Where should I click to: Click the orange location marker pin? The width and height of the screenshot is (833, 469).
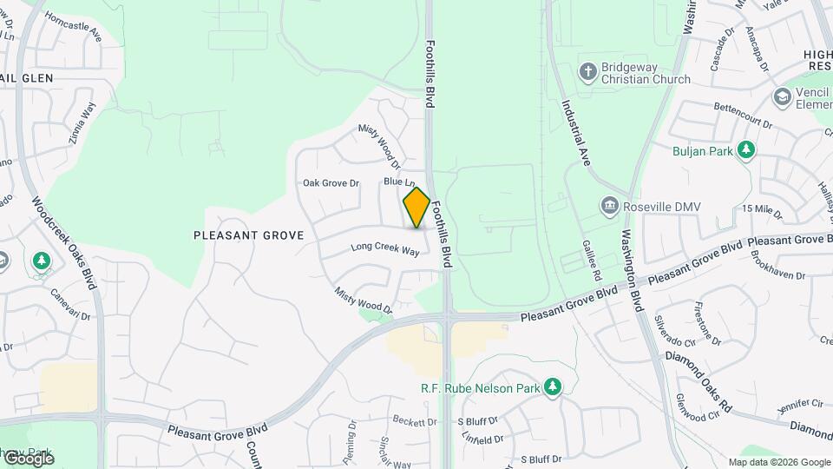pos(416,208)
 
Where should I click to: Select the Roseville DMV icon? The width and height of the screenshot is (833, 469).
pos(609,206)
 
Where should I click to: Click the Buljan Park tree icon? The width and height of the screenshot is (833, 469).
pos(745,150)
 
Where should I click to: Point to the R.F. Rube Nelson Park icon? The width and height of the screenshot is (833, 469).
pos(553,387)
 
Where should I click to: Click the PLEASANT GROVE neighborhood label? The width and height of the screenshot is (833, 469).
pos(248,235)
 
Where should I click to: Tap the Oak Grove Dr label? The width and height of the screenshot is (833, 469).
pos(331,183)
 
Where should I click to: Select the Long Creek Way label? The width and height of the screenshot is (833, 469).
pos(385,248)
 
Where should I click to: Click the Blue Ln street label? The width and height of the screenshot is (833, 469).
pos(394,182)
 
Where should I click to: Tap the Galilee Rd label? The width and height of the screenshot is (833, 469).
pos(592,260)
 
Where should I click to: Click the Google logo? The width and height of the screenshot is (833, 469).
pos(28,458)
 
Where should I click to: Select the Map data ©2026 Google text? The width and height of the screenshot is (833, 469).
pos(778,462)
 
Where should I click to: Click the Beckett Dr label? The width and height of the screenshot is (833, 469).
pos(414,421)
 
